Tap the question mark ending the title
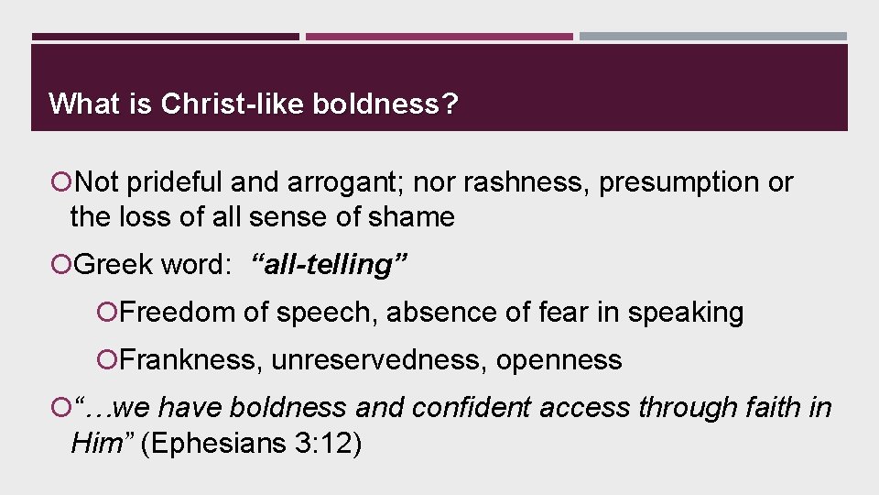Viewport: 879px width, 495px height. [450, 104]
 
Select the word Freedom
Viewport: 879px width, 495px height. [178, 313]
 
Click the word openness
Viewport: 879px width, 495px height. [559, 360]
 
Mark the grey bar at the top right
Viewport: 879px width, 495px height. [713, 38]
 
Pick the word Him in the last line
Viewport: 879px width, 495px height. [94, 445]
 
